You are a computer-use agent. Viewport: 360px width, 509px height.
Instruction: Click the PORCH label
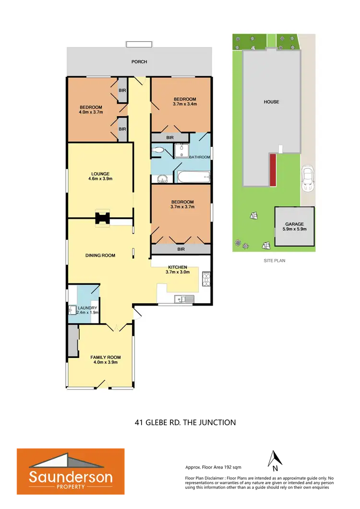(140, 62)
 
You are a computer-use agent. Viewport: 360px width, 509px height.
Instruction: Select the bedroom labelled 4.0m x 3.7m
(91, 109)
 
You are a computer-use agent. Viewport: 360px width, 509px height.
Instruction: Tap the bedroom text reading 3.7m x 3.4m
(185, 101)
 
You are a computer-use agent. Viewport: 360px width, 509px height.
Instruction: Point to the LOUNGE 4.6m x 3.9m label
(100, 176)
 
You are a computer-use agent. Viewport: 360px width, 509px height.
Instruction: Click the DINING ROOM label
(100, 255)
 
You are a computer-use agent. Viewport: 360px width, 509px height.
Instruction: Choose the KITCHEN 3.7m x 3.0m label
(177, 269)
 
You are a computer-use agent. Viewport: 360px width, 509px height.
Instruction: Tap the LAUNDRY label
(88, 308)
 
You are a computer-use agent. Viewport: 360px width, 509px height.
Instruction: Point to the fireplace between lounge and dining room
(102, 219)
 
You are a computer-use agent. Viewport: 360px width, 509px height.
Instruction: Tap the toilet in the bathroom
(157, 150)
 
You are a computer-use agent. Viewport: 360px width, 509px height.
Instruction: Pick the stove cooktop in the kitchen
(206, 278)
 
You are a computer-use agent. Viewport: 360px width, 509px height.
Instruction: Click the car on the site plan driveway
(307, 179)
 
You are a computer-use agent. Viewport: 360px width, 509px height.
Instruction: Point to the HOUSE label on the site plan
(271, 102)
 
